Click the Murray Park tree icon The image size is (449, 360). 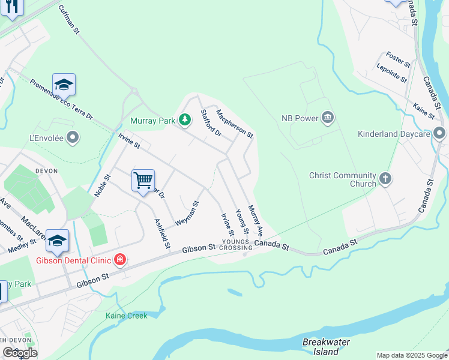pos(185,121)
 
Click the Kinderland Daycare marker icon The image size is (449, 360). pos(440,133)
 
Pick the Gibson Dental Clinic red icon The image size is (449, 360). pos(120,260)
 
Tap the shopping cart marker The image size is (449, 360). pos(143,179)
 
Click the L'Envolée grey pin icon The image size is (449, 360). pos(73,139)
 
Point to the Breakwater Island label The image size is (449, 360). pos(326,346)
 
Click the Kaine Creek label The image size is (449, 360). pos(126,316)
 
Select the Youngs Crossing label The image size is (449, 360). pos(236,245)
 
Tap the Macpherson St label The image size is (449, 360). pos(235,122)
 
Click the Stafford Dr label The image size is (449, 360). pos(211,122)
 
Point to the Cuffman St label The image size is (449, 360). pos(69,20)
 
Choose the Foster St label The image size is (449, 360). pos(399,59)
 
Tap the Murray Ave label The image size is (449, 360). pos(256,221)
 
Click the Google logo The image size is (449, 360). pos(20,353)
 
